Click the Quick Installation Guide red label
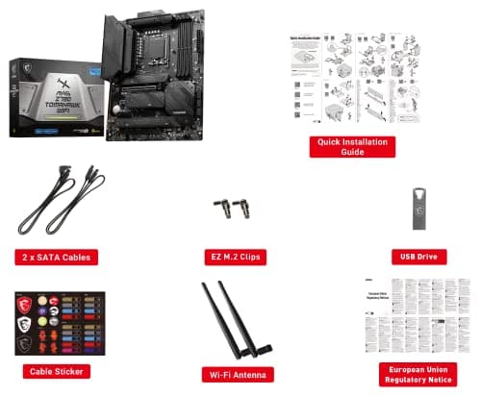352,145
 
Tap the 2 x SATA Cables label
57,257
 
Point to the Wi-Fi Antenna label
236,373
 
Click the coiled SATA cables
60,204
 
